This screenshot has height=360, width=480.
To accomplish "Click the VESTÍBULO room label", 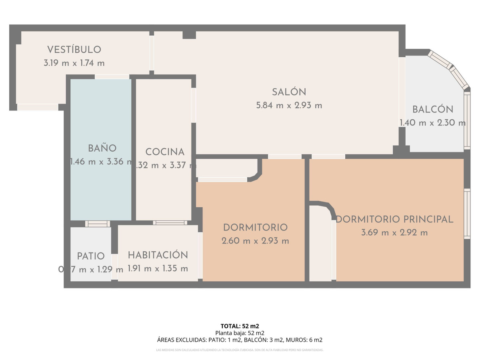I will point(74,50).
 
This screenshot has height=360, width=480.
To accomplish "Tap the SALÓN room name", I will point(289,92).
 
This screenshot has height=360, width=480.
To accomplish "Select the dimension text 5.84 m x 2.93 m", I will point(289,106).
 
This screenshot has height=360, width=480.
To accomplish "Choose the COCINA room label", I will point(165,152).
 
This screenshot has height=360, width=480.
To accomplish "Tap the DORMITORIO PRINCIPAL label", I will point(394,219).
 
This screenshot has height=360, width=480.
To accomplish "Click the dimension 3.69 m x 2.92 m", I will point(394,232).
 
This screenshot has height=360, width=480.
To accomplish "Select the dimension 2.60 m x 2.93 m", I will point(255,241).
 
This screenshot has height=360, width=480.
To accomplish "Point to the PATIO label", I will point(91,256).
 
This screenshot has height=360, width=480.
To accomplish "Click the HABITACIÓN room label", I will point(158,255).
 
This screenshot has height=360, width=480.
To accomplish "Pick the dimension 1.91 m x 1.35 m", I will point(158,268).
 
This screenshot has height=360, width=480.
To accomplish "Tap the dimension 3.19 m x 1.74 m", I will point(74,63).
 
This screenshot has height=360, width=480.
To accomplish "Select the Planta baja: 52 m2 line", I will point(240,333).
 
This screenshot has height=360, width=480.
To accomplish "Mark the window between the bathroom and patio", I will point(97,224).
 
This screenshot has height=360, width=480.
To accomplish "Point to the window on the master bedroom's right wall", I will point(467,214).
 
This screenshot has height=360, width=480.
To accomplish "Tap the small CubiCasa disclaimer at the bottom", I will point(240,350).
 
